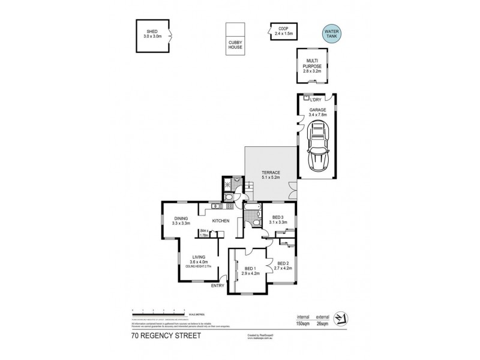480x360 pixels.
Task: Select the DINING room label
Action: [x=181, y=220]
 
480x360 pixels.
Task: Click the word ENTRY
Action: [x=218, y=286]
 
